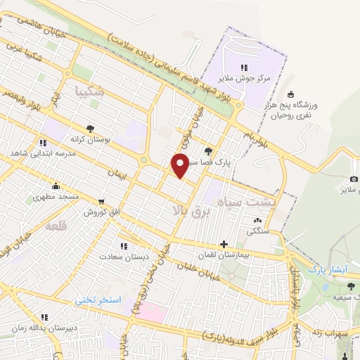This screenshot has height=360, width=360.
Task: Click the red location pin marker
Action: pyautogui.click(x=180, y=165)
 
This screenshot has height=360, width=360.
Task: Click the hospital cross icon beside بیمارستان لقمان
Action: pyautogui.click(x=224, y=245)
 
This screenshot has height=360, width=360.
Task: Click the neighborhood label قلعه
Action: pyautogui.click(x=56, y=227)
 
